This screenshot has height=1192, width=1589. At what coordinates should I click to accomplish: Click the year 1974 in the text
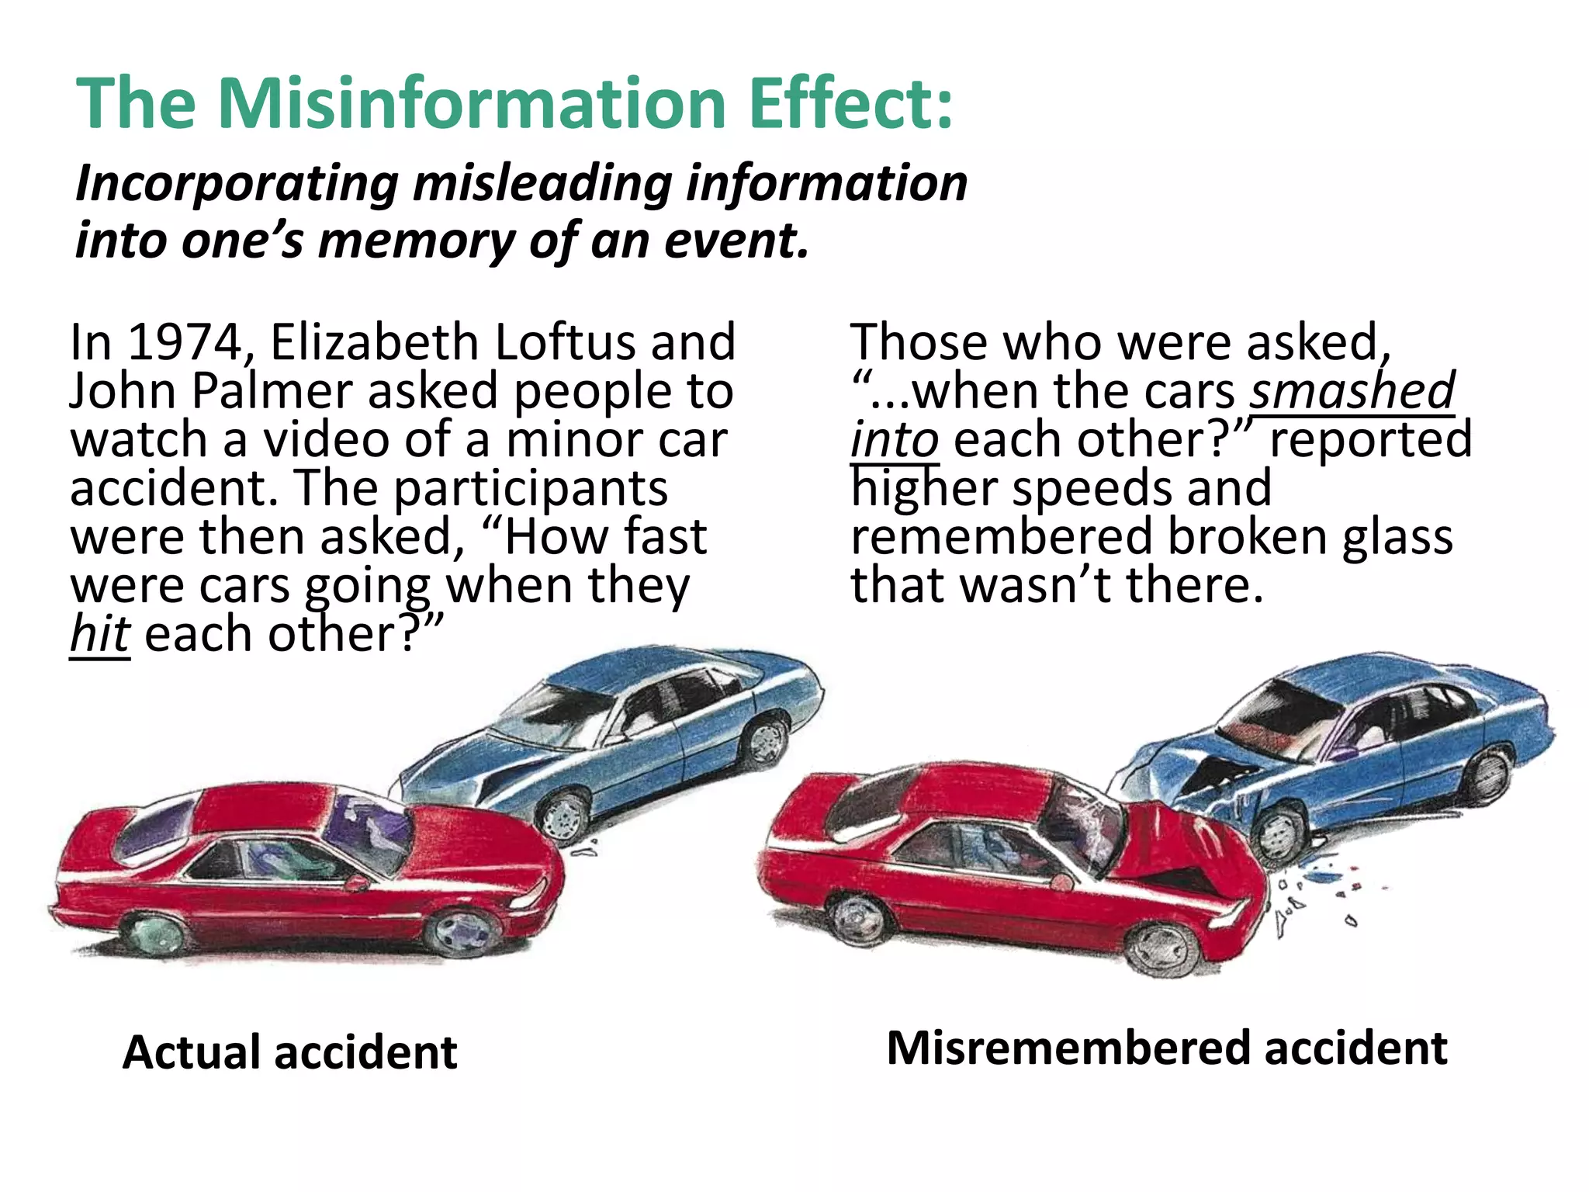tap(185, 342)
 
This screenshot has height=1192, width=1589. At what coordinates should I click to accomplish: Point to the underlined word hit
tap(99, 634)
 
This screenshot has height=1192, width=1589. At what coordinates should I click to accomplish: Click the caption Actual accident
tap(289, 1052)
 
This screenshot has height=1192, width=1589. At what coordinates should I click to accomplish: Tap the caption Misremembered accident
tap(1166, 1048)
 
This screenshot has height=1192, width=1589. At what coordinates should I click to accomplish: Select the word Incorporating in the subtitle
tap(237, 184)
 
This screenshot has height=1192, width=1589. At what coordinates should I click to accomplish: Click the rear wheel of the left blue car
tap(764, 741)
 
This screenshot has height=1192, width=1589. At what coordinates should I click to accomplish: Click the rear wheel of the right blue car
tap(1488, 771)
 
